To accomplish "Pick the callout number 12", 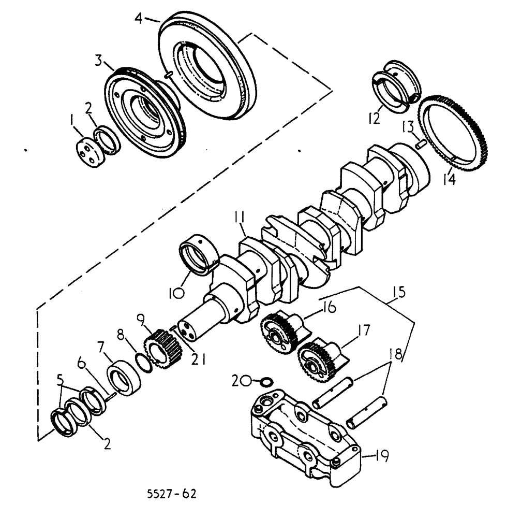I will point(375,118).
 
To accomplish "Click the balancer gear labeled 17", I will point(315,358).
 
